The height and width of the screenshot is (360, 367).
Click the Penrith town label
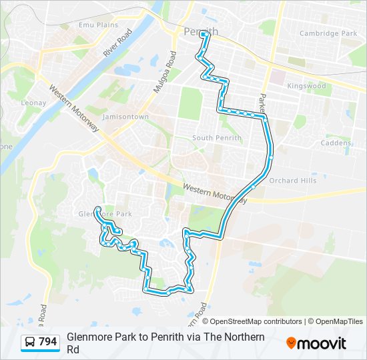click(x=200, y=31)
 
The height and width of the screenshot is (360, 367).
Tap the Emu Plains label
click(x=98, y=25)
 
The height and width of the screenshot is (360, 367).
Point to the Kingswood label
click(x=306, y=86)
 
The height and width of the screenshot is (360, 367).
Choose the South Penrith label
click(x=212, y=138)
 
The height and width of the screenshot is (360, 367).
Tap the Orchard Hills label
click(x=292, y=181)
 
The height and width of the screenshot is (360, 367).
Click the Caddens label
click(x=336, y=143)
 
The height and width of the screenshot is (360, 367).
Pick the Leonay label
click(x=33, y=103)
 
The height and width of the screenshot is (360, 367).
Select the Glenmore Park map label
click(x=105, y=214)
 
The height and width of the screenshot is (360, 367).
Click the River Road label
click(x=118, y=41)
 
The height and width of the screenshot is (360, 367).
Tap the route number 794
click(x=48, y=342)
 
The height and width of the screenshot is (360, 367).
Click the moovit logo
click(x=316, y=343)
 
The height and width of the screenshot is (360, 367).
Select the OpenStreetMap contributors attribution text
click(x=256, y=321)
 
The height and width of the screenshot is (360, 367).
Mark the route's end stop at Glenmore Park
click(x=98, y=209)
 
